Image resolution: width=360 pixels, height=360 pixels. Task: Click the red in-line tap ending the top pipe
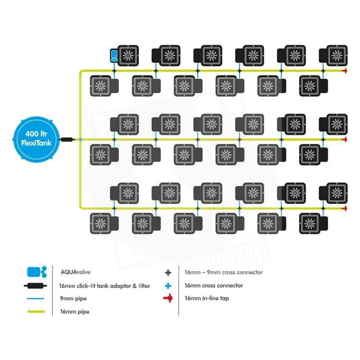pyautogui.click(x=344, y=71)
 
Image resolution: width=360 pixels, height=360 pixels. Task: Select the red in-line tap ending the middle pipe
pyautogui.click(x=344, y=140)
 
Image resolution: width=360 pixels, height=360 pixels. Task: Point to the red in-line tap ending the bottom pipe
pyautogui.click(x=344, y=209)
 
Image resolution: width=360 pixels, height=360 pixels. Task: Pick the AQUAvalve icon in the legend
pyautogui.click(x=37, y=272)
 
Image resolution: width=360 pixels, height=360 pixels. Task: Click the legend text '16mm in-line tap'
pyautogui.click(x=204, y=299)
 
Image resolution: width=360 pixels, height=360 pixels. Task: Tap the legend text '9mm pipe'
pyautogui.click(x=71, y=299)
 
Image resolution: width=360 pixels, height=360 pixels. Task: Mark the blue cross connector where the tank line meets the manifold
pyautogui.click(x=80, y=140)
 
